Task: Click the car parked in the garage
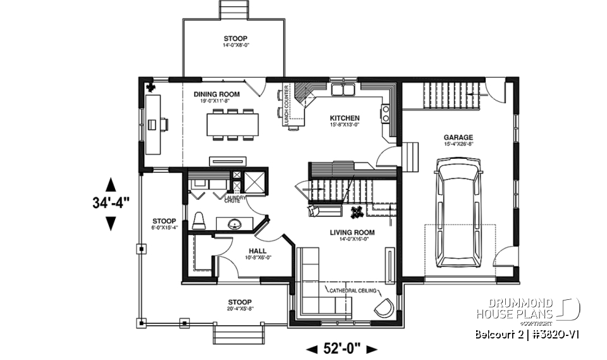459,213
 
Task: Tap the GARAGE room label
458,137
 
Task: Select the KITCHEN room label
345,118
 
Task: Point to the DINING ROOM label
216,94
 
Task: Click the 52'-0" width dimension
341,349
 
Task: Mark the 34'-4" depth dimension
111,204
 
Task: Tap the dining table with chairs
232,124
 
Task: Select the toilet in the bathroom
199,221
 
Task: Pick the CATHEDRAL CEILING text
353,290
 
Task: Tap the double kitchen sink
345,89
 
